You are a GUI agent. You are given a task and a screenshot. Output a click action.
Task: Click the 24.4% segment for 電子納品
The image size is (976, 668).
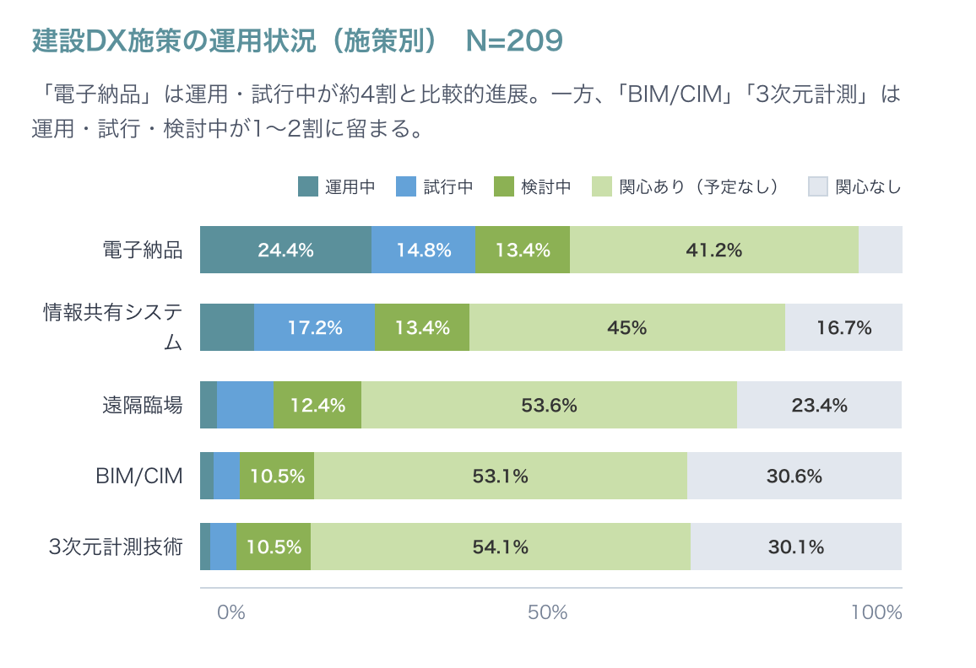tap(285, 250)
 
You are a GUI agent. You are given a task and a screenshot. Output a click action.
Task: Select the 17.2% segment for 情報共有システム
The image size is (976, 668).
tap(314, 327)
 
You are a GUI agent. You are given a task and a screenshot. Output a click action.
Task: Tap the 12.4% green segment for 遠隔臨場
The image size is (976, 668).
tap(317, 405)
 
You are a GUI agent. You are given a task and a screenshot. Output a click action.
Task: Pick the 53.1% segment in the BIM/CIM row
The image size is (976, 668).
tap(500, 476)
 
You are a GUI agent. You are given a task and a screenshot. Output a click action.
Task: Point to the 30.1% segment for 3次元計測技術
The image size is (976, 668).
tap(795, 547)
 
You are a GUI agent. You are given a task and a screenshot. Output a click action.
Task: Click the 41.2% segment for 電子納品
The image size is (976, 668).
tap(713, 250)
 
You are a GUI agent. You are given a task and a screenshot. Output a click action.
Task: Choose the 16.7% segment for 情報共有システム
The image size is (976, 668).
tap(843, 327)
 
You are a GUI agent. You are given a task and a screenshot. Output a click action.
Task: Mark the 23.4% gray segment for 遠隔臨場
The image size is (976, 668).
tap(819, 405)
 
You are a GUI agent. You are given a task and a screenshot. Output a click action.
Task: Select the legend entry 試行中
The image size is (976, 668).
tap(434, 186)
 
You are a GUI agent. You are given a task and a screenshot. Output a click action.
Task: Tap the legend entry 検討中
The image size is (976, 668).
tap(532, 186)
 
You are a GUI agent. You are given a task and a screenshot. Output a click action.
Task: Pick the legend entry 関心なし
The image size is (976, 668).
tap(854, 186)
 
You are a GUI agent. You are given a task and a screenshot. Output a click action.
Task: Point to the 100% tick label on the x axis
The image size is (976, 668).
tap(876, 612)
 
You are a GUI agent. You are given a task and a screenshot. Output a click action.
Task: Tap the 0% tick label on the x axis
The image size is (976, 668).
tap(230, 612)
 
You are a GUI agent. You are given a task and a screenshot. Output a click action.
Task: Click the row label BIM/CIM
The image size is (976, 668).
tap(140, 476)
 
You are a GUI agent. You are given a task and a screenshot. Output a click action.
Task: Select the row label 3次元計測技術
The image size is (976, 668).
tap(117, 547)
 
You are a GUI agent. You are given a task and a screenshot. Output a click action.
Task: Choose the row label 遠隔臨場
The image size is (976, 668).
tap(143, 405)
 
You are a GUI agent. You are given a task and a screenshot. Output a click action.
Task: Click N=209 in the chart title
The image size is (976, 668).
tap(514, 40)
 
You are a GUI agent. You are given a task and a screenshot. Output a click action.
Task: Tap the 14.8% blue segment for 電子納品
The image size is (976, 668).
tap(423, 250)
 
